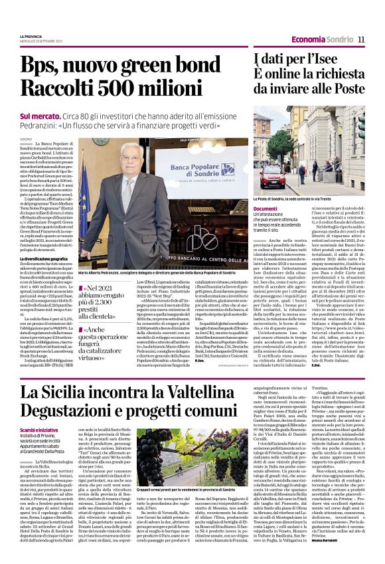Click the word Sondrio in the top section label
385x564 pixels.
pos(339,39)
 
